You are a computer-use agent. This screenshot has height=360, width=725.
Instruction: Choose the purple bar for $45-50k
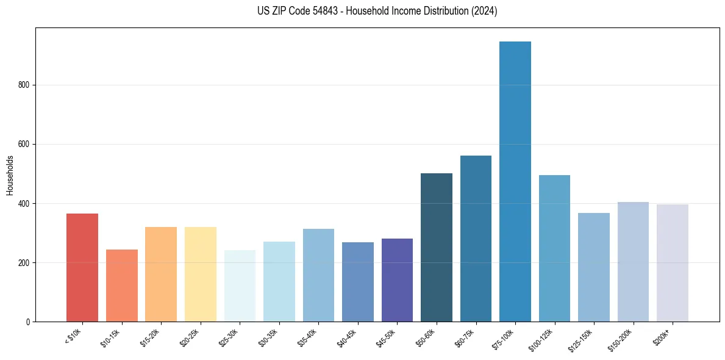[x=397, y=280]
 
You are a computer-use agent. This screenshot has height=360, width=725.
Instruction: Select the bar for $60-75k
[x=476, y=239]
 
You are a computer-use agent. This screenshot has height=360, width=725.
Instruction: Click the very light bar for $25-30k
[x=240, y=286]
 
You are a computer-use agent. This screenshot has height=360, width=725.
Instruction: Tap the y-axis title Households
[x=10, y=175]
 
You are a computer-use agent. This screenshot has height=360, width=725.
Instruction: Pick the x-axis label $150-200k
[x=621, y=338]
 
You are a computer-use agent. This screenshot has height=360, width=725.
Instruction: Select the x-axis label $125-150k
[x=581, y=338]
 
